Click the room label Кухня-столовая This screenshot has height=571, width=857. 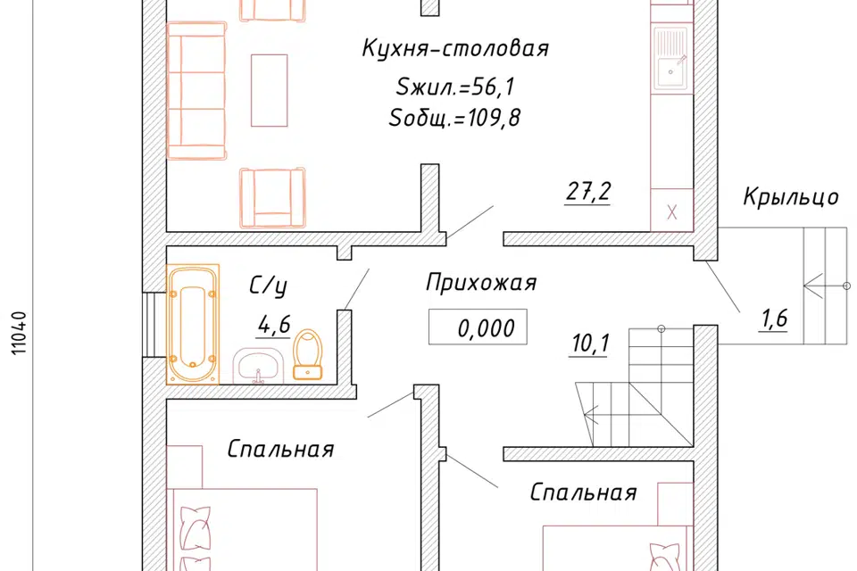(454, 49)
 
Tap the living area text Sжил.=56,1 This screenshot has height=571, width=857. (455, 87)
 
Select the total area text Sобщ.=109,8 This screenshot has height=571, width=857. (454, 119)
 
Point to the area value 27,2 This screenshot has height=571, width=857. (587, 191)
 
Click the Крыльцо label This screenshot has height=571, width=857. (791, 197)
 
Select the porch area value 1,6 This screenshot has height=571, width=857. (773, 319)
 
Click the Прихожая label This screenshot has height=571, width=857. (480, 284)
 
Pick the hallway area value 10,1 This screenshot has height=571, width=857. (587, 343)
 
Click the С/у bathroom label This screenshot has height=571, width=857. (268, 286)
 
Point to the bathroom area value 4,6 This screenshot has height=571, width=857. (274, 326)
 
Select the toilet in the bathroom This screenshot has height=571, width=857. (308, 354)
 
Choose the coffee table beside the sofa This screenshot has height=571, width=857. (270, 89)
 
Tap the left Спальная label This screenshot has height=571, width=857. (280, 449)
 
